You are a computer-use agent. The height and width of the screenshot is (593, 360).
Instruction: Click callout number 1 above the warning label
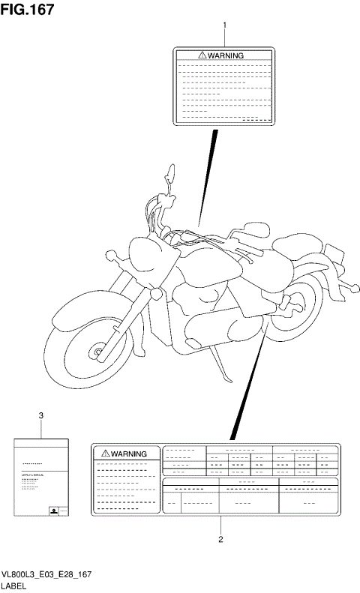(x=223, y=25)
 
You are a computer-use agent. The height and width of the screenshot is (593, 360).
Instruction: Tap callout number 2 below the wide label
(x=220, y=538)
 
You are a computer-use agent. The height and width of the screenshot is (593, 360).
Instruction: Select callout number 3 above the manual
(x=40, y=415)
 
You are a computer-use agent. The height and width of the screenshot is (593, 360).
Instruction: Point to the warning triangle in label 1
(x=202, y=55)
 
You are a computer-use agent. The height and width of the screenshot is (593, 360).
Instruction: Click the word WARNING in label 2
(x=129, y=454)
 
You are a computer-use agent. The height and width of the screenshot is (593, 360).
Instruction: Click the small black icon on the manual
(x=54, y=511)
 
